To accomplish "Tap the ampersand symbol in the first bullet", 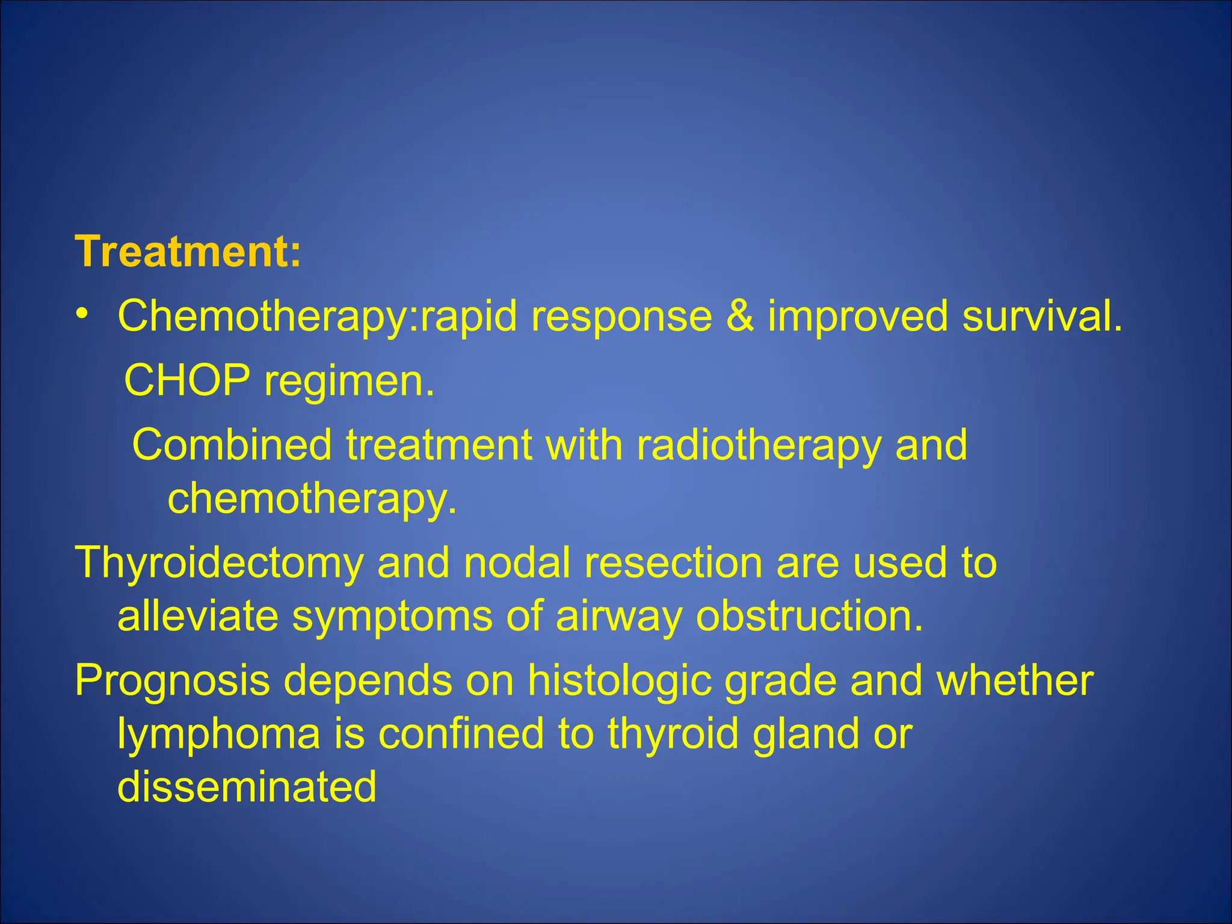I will click(x=739, y=315).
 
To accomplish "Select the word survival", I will click(x=1042, y=315).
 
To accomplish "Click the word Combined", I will click(x=232, y=445).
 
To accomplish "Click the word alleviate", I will click(x=198, y=616).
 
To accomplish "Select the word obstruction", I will click(x=809, y=616).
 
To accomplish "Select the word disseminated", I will click(x=247, y=786).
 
